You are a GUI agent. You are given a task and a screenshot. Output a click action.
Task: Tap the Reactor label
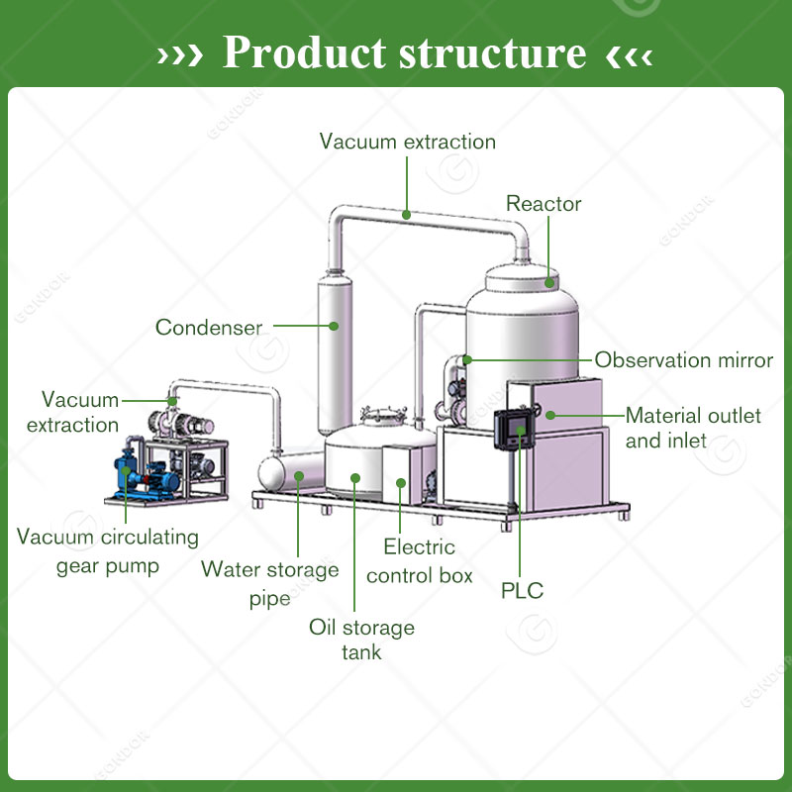(544, 205)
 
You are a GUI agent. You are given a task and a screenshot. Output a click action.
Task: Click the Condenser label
(209, 327)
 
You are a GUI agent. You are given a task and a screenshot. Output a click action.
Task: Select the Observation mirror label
(683, 360)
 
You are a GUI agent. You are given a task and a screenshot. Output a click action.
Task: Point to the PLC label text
(522, 591)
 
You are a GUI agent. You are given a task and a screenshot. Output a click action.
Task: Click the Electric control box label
(420, 560)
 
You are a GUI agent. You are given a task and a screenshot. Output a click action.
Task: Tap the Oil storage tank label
(361, 640)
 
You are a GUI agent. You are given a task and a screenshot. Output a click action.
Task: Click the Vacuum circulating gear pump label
(108, 551)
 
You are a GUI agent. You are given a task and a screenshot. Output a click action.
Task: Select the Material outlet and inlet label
(693, 428)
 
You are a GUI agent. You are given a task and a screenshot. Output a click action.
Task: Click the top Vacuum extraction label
(407, 142)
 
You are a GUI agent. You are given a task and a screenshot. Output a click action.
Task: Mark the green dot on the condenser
(335, 324)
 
